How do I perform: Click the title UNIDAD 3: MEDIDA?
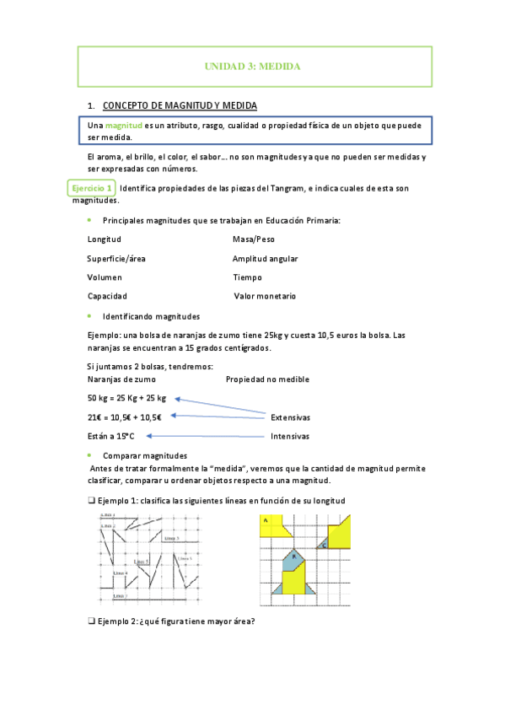pyautogui.click(x=253, y=66)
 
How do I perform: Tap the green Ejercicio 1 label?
pyautogui.click(x=90, y=188)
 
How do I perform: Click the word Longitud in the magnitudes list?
pyautogui.click(x=104, y=239)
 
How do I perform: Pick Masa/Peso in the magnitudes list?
pyautogui.click(x=254, y=239)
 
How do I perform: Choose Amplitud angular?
pyautogui.click(x=265, y=259)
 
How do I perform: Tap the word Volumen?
pyautogui.click(x=105, y=277)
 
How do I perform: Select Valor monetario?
pyautogui.click(x=265, y=297)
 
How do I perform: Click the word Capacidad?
pyautogui.click(x=107, y=297)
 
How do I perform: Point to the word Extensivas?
pyautogui.click(x=290, y=417)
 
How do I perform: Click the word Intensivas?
pyautogui.click(x=289, y=437)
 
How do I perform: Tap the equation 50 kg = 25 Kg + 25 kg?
pyautogui.click(x=126, y=398)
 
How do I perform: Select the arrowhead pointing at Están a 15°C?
pyautogui.click(x=148, y=436)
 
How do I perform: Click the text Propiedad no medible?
pyautogui.click(x=267, y=379)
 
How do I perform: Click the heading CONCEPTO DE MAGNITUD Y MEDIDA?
pyautogui.click(x=180, y=105)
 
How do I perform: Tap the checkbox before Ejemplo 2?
pyautogui.click(x=90, y=622)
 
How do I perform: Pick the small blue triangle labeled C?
pyautogui.click(x=323, y=545)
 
